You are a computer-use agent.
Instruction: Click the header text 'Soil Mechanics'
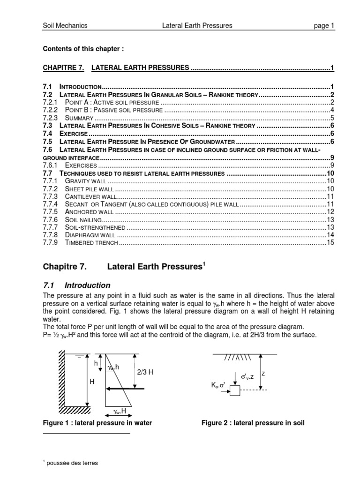pyautogui.click(x=65, y=26)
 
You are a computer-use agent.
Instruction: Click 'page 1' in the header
pyautogui.click(x=324, y=26)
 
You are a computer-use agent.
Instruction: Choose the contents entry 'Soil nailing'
pyautogui.click(x=82, y=219)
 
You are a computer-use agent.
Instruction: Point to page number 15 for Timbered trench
pyautogui.click(x=330, y=243)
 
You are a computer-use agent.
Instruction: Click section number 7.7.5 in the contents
pyautogui.click(x=50, y=212)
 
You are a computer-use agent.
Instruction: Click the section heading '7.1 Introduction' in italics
pyautogui.click(x=77, y=285)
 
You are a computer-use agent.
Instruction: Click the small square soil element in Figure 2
pyautogui.click(x=234, y=390)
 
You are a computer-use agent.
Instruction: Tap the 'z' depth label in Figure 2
pyautogui.click(x=263, y=373)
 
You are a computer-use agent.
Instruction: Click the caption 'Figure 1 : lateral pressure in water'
pyautogui.click(x=97, y=423)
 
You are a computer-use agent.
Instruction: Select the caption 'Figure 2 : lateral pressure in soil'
pyautogui.click(x=253, y=423)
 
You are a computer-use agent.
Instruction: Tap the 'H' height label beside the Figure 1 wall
pyautogui.click(x=92, y=382)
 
